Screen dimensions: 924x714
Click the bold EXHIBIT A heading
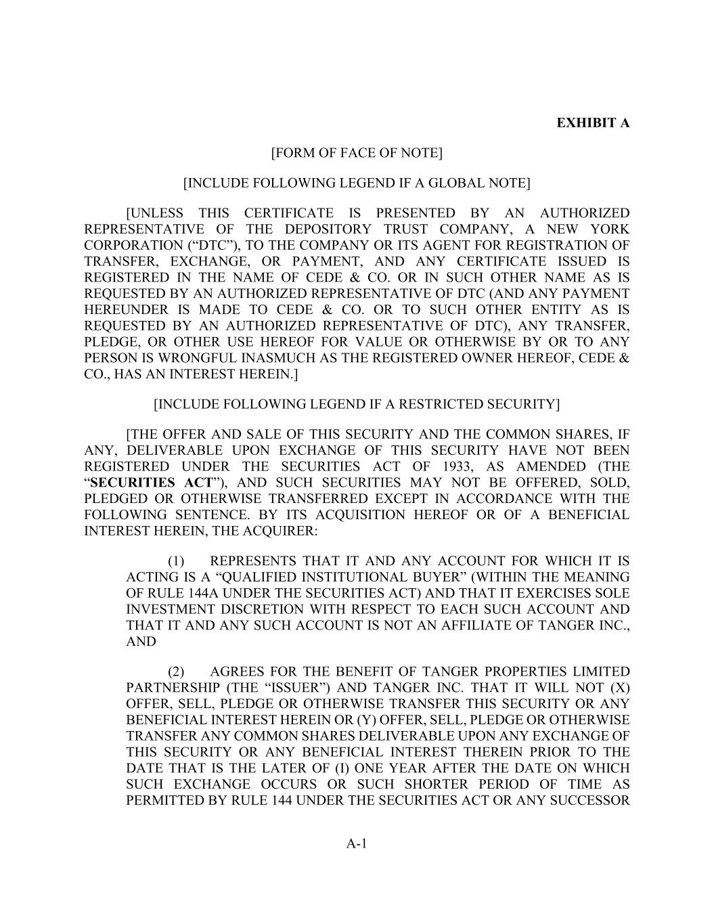point(593,123)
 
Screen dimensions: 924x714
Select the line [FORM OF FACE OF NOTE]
point(357,153)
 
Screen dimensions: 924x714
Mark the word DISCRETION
point(250,609)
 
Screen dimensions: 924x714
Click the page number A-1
point(357,843)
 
